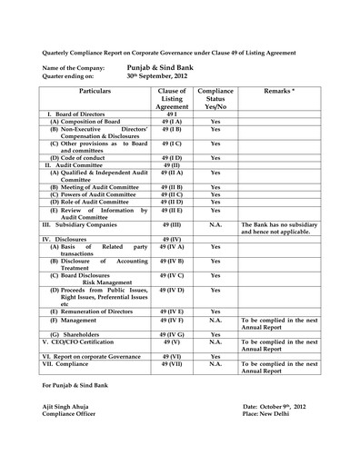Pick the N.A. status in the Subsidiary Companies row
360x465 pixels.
pyautogui.click(x=215, y=223)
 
